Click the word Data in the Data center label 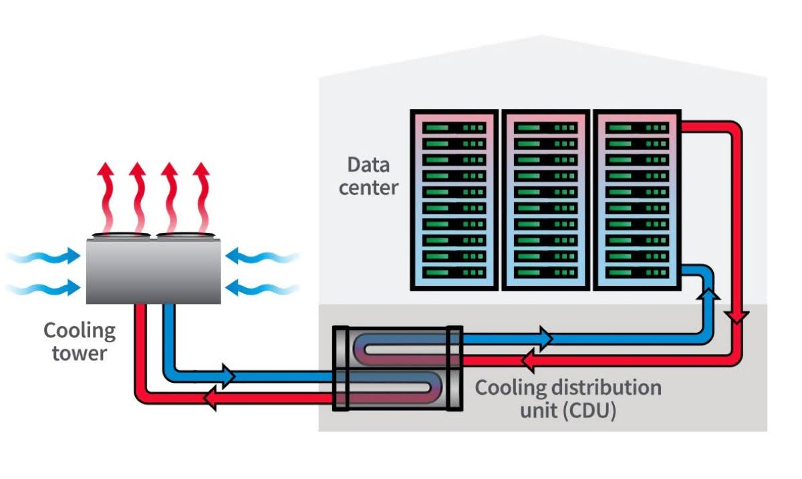point(368,165)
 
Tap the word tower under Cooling point(79,353)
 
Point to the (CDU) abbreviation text point(588,410)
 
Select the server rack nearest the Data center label point(453,199)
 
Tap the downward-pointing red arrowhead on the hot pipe point(736,315)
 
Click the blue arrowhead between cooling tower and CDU point(227,376)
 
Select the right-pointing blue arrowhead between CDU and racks point(545,339)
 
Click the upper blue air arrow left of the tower point(47,256)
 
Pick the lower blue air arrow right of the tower point(261,288)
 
